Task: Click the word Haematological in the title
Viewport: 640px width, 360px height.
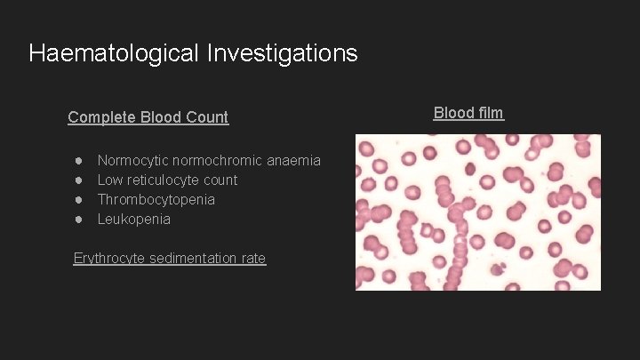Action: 115,53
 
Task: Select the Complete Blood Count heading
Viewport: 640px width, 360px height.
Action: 148,116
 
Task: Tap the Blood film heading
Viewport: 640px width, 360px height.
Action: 468,112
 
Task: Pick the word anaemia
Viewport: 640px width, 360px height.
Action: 293,161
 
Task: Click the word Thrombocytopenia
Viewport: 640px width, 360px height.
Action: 156,200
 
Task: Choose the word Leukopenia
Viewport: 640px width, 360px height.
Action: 133,220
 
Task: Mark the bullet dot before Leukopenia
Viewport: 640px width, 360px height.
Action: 79,220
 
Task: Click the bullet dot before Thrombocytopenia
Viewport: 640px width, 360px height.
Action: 79,200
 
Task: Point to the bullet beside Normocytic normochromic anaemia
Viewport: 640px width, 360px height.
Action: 79,161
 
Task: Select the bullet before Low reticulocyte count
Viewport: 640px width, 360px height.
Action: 79,180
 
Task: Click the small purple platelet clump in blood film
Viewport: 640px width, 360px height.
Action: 498,268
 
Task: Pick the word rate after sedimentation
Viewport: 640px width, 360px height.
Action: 252,259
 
